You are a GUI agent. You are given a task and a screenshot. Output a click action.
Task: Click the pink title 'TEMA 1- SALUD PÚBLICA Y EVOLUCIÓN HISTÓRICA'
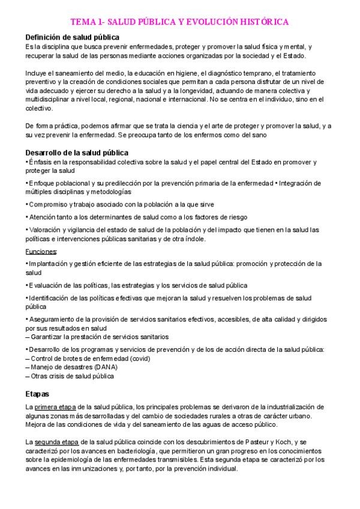point(180,22)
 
